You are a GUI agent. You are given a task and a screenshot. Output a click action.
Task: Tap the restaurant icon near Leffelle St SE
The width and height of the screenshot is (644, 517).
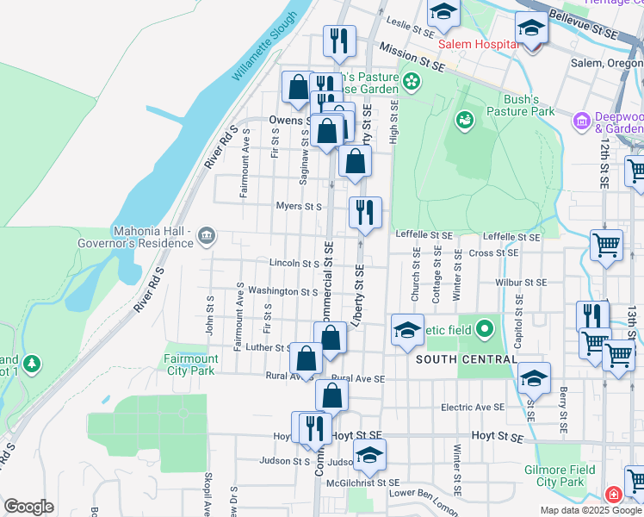coord(365,212)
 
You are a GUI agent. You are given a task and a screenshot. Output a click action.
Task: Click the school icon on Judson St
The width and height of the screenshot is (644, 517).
coord(370,456)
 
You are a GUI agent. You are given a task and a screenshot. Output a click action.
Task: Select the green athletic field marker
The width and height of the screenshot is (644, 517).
coord(486,327)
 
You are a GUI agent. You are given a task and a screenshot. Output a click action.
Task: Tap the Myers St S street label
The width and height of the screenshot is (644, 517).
coord(298,207)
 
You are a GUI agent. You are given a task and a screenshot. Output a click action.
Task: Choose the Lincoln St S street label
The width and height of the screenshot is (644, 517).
coord(294,263)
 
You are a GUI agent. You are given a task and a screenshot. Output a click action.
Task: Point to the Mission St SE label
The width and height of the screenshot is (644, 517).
coord(410,56)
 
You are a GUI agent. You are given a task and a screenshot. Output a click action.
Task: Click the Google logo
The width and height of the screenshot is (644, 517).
coord(28,507)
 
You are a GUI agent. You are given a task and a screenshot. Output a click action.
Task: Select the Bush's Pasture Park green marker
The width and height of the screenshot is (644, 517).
coord(466,119)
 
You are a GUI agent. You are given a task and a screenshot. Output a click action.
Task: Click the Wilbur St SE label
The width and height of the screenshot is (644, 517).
coord(521,282)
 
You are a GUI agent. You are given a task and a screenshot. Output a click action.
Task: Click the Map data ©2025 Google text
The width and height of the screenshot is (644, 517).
coord(590,510)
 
